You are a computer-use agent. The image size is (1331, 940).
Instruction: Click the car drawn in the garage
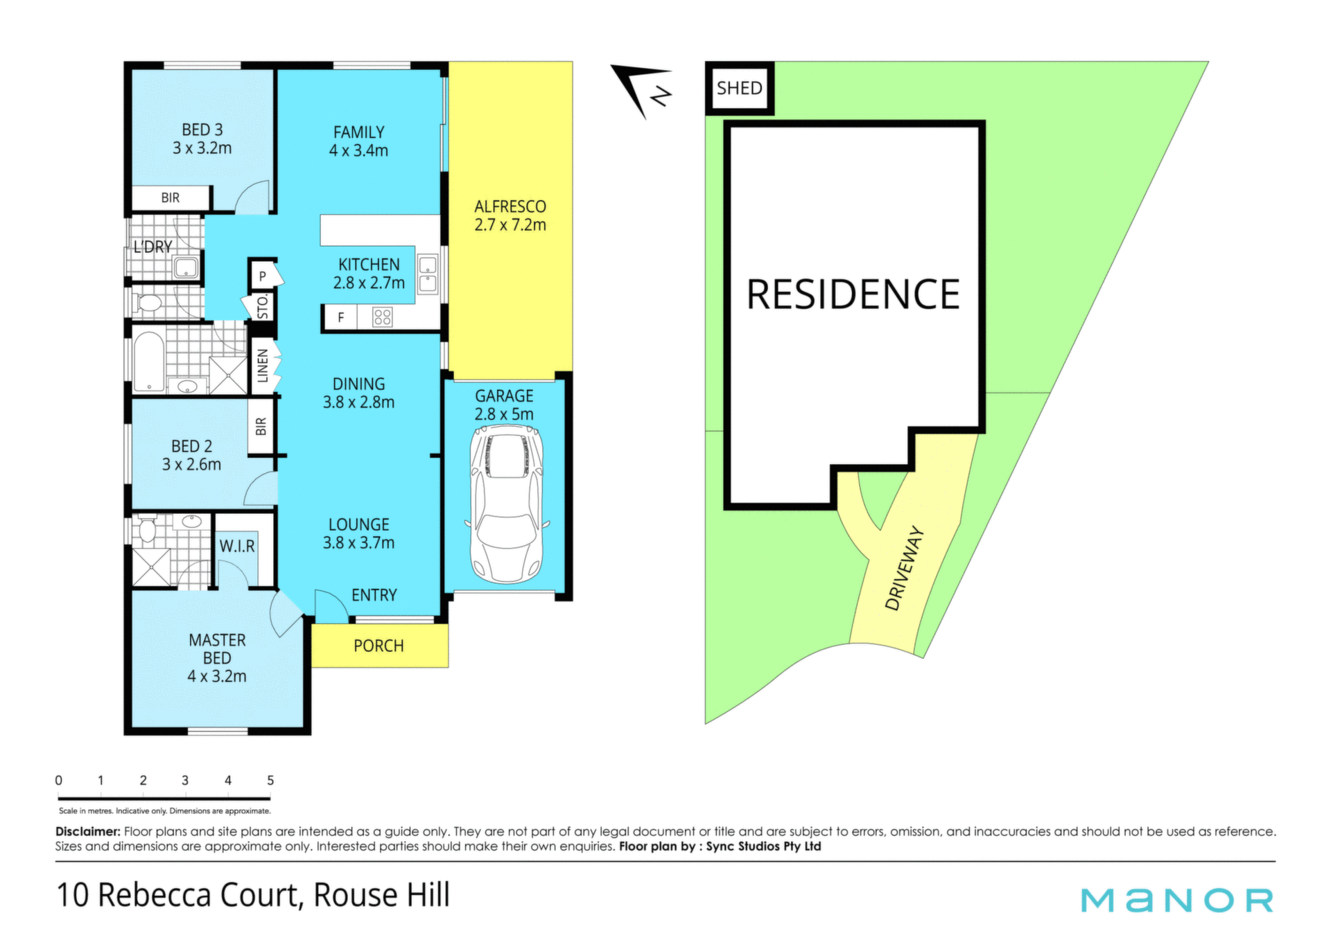click(507, 504)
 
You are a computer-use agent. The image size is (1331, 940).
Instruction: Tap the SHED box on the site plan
click(740, 88)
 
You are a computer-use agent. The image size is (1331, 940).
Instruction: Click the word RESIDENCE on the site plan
click(853, 294)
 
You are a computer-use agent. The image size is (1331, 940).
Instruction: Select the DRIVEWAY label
click(905, 568)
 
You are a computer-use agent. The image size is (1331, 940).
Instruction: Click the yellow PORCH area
click(379, 646)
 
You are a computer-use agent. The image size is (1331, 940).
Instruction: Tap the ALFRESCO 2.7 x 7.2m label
click(510, 215)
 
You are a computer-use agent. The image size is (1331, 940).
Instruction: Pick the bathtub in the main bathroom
click(148, 362)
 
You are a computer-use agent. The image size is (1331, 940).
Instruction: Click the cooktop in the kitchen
click(382, 317)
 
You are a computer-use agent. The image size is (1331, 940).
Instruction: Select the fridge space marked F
click(340, 317)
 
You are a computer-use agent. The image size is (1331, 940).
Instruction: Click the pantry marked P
click(263, 275)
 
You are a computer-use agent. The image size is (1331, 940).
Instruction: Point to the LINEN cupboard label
click(263, 366)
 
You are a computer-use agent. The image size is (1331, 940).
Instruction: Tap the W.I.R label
click(237, 547)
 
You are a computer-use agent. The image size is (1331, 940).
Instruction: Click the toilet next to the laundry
click(147, 303)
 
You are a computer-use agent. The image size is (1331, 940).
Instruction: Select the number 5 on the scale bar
click(270, 780)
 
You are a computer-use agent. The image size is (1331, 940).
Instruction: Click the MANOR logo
click(1177, 900)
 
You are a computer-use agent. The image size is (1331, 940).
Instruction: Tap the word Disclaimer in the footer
click(88, 831)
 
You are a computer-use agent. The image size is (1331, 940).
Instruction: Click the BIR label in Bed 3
click(171, 198)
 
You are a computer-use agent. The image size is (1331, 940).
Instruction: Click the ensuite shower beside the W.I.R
click(152, 567)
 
